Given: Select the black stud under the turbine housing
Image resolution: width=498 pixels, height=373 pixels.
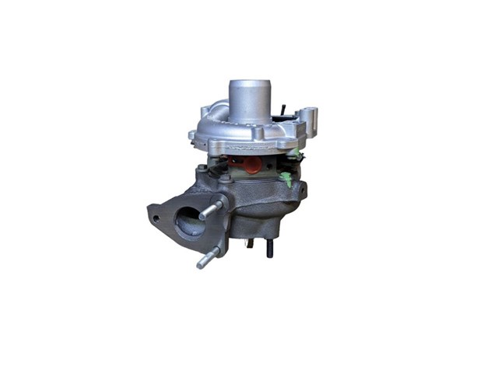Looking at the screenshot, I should click(269, 249).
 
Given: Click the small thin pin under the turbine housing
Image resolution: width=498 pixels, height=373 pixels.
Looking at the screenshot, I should click(251, 245).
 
